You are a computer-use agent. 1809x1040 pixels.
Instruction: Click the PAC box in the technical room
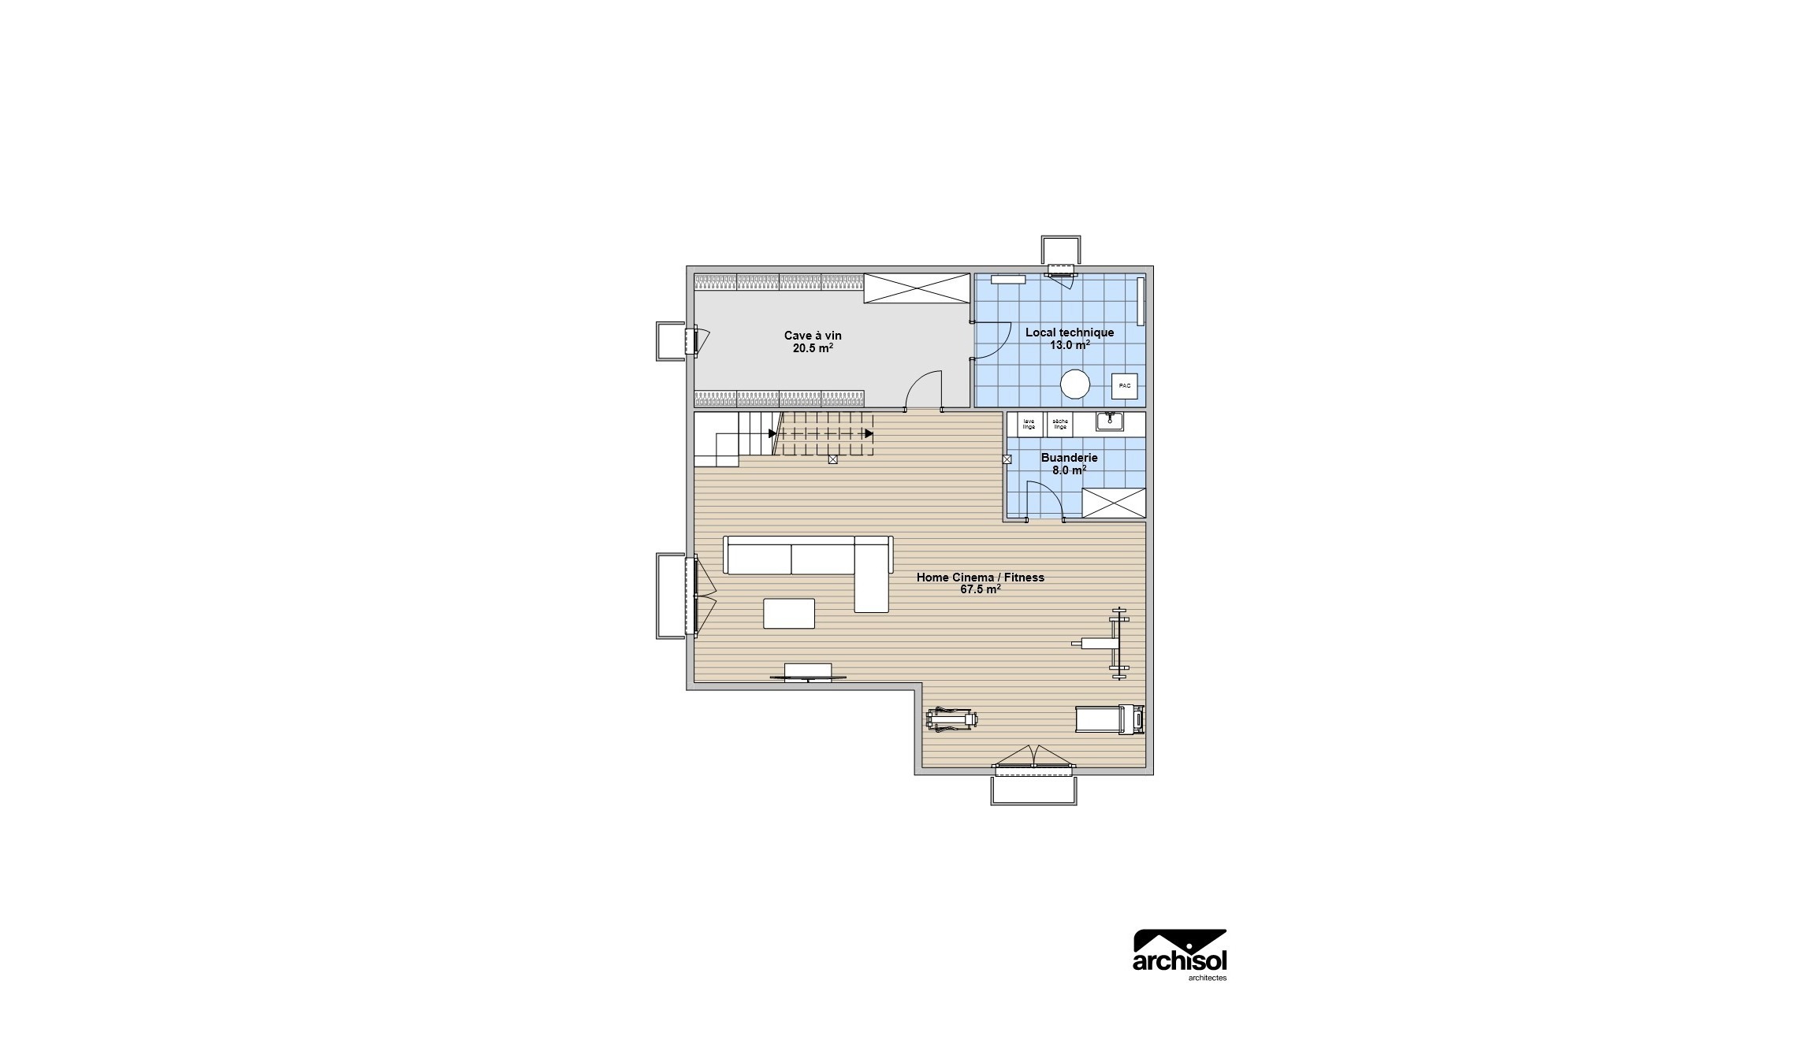(1124, 386)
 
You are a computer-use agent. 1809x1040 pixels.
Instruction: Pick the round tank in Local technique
(1074, 384)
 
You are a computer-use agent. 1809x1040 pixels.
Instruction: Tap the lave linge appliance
(1029, 424)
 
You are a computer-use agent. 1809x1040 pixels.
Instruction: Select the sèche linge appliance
(1059, 424)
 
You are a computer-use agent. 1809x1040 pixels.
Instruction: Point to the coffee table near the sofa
(237, 613)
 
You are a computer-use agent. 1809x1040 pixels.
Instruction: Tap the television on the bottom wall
(808, 672)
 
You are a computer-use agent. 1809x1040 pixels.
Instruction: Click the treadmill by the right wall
(1110, 719)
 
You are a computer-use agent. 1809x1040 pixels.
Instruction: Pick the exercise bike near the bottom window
(952, 719)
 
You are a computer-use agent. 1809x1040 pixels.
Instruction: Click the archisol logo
(1179, 954)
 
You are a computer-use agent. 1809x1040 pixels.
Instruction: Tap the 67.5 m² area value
(980, 589)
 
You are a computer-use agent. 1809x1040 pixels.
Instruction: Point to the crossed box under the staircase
(832, 459)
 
